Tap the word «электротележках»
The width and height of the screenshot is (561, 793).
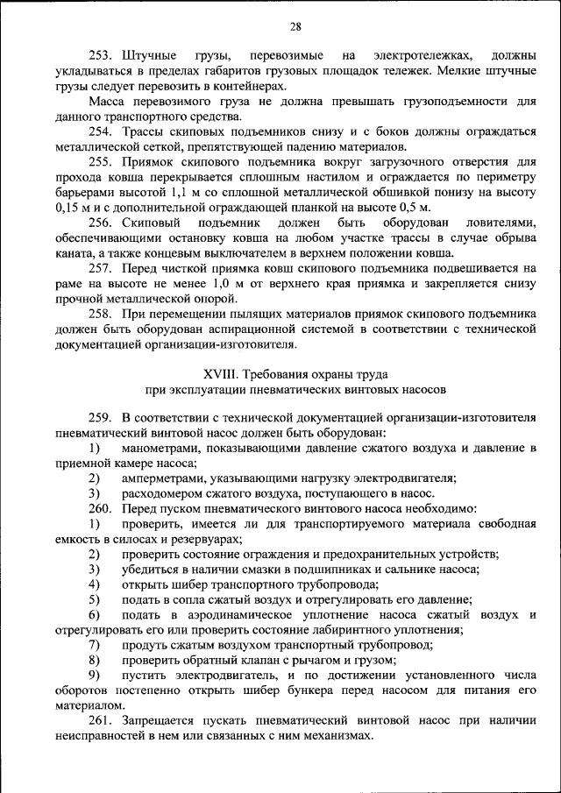click(413, 55)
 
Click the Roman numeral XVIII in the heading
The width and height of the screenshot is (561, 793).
click(221, 374)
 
